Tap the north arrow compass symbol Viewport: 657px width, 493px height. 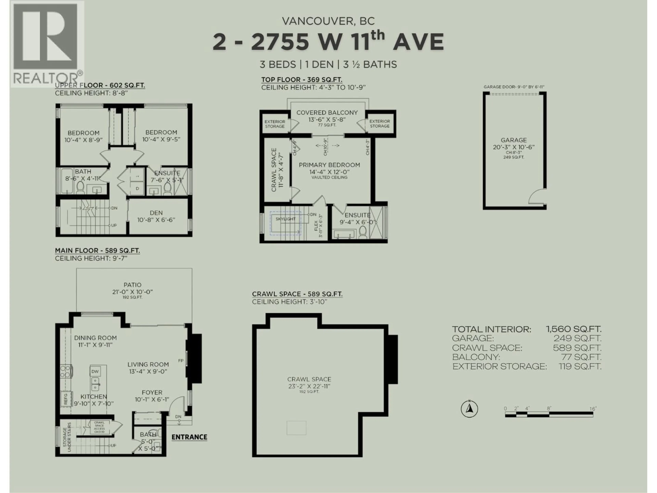coord(469,409)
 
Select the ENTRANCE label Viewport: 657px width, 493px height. coord(189,437)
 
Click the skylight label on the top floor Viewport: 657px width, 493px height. coord(285,219)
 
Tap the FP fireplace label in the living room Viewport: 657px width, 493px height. coord(181,361)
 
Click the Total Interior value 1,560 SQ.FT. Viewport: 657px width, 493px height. coord(573,329)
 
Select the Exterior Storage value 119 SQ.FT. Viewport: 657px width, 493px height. coord(580,366)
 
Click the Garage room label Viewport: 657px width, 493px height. coord(514,140)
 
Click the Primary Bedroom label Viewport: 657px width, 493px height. coord(329,165)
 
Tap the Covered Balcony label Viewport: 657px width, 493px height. coord(327,113)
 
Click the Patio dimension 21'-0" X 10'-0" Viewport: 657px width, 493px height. coord(132,292)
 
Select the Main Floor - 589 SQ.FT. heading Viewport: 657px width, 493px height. coord(97,250)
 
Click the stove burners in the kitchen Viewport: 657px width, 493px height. coord(66,371)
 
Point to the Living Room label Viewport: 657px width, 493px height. coord(148,364)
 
